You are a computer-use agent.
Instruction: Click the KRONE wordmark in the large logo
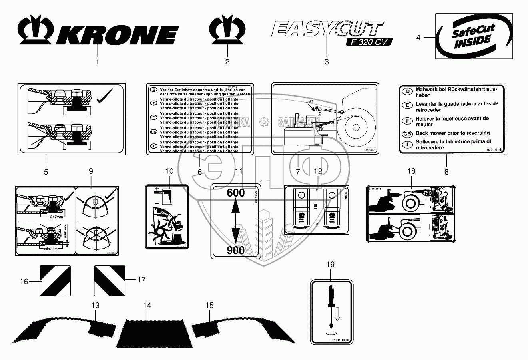click(x=117, y=35)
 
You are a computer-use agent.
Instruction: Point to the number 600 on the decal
click(x=235, y=193)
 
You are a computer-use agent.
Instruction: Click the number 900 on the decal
click(x=235, y=250)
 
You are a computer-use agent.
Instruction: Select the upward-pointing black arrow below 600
click(x=235, y=210)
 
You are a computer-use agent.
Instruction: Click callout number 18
click(x=411, y=171)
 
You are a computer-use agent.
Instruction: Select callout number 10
click(x=169, y=171)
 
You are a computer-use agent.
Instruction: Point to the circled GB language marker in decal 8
click(x=407, y=133)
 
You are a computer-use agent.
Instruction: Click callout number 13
click(x=95, y=306)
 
